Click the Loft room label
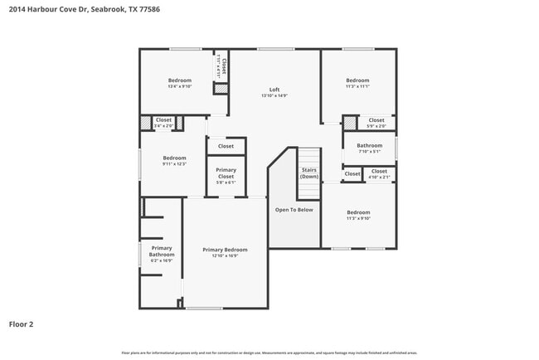[x=274, y=90]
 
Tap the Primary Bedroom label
[x=225, y=250]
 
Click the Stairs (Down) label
[x=308, y=173]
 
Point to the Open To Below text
[x=294, y=210]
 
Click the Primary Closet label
[x=226, y=173]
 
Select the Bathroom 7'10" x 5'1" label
[x=369, y=148]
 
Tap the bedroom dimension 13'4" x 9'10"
[x=179, y=86]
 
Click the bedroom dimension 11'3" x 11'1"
[x=357, y=86]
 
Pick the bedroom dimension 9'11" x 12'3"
[x=174, y=163]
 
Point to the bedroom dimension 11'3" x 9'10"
[x=358, y=218]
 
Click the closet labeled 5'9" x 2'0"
[x=376, y=123]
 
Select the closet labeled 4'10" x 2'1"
[x=378, y=174]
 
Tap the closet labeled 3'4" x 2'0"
[x=163, y=123]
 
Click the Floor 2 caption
[x=21, y=324]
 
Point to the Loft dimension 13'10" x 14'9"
[x=274, y=95]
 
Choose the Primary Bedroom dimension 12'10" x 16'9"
[x=225, y=255]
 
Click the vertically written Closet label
[x=221, y=66]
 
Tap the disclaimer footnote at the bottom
[x=269, y=353]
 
